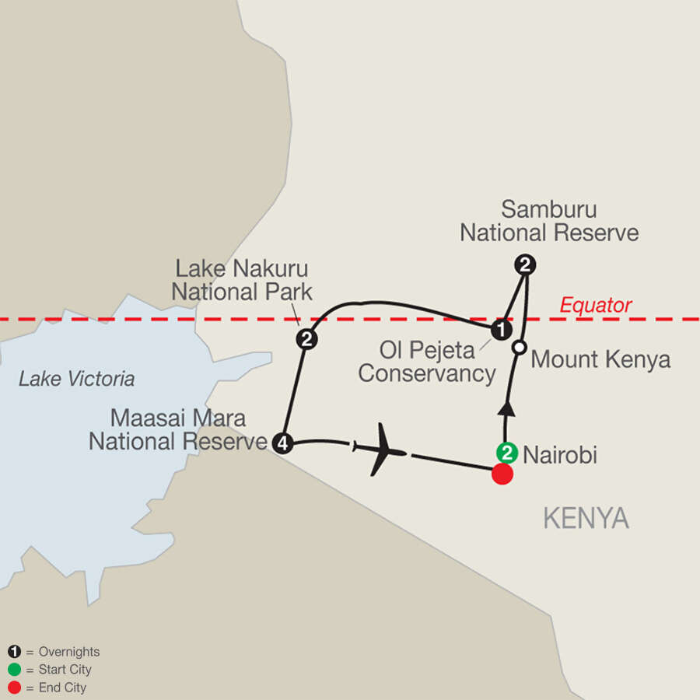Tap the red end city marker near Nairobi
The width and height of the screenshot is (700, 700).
[502, 474]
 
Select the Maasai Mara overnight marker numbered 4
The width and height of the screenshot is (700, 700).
[282, 443]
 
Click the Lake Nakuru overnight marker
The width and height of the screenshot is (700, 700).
[306, 339]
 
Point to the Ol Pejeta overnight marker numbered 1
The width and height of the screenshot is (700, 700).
[503, 330]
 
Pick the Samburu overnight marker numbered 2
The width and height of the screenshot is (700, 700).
[526, 265]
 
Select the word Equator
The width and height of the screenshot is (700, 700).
[596, 306]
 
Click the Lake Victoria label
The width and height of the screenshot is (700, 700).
[77, 380]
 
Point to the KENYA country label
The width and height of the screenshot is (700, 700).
[586, 519]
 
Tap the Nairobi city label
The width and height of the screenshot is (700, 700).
[560, 456]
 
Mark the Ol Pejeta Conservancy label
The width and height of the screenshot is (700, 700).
[427, 362]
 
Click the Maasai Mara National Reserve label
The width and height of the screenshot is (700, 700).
[178, 430]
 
